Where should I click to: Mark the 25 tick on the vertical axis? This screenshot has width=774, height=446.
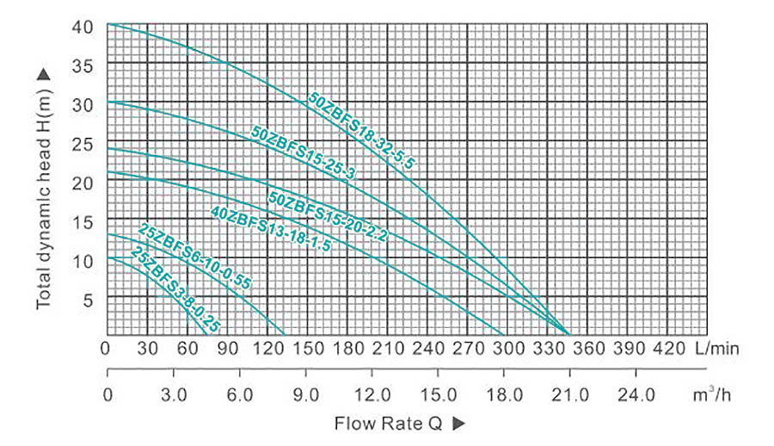pos(83,143)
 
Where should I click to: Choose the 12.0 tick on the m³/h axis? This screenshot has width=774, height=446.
pos(371,395)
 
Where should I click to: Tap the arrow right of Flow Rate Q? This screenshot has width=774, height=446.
pos(458,424)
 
